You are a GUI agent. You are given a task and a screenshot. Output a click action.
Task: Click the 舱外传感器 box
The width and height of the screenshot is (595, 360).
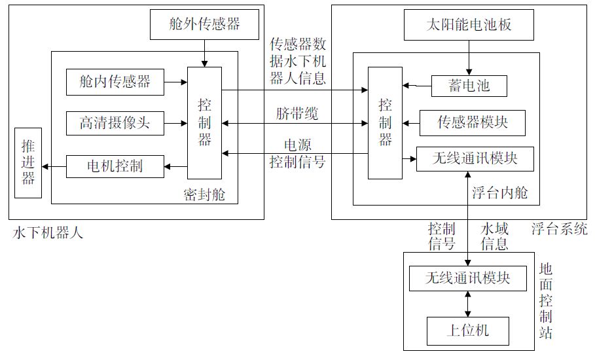[x=205, y=25]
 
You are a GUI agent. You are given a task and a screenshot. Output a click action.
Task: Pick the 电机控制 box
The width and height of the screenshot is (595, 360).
[x=115, y=166]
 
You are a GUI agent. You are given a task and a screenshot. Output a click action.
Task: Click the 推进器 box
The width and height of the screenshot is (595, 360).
[x=27, y=162]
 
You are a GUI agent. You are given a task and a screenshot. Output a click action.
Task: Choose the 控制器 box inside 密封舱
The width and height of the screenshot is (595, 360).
[x=205, y=122]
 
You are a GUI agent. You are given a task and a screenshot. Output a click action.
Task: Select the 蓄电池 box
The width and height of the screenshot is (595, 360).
[x=470, y=85]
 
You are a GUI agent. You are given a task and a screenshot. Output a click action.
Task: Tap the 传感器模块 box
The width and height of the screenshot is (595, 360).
[x=473, y=122]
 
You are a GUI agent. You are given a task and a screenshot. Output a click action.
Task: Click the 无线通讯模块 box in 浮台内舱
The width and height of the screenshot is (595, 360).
[x=475, y=158]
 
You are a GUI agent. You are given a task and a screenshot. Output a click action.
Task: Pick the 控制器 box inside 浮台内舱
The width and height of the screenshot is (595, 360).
[x=385, y=122]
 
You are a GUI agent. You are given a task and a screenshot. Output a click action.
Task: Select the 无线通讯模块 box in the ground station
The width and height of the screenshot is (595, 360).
[x=468, y=278]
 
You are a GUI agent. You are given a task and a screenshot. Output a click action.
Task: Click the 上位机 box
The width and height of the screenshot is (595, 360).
[x=468, y=331]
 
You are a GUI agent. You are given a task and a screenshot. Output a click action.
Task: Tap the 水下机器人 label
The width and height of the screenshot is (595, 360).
[x=48, y=232]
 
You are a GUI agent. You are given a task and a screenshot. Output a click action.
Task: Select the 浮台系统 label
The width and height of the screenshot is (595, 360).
[x=559, y=229]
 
